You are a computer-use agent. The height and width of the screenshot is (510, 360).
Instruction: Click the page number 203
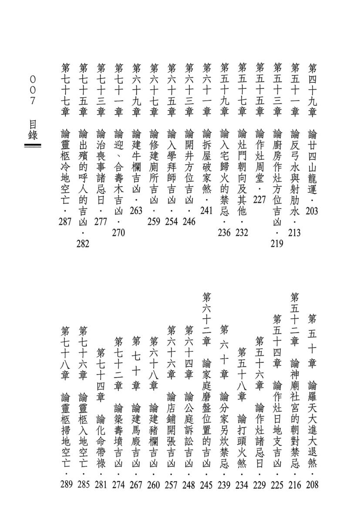tap(312, 211)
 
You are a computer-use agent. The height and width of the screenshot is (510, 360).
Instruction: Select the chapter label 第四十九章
tap(312, 89)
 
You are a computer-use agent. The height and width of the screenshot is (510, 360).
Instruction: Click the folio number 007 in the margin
tap(33, 91)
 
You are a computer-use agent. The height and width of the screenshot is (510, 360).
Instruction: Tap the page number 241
tap(206, 211)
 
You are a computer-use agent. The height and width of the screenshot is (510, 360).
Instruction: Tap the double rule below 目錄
tap(33, 146)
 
